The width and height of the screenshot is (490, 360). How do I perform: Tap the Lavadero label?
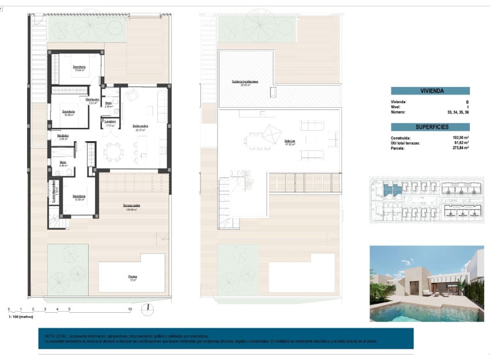[110, 122]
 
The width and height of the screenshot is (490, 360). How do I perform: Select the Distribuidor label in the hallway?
[92, 100]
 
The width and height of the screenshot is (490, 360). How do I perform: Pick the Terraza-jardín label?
[132, 206]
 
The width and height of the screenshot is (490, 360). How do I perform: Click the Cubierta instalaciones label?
[245, 82]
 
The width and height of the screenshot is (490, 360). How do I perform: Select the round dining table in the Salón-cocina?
[113, 153]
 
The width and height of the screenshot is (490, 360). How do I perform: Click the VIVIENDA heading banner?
[430, 90]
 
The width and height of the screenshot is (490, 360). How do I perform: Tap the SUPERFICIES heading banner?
[430, 127]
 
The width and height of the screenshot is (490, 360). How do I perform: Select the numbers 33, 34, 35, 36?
[458, 112]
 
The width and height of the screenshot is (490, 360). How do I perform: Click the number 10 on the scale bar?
[130, 310]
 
